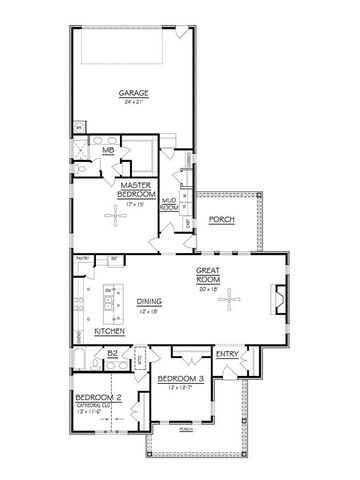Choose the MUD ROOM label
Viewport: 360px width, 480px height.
(169, 204)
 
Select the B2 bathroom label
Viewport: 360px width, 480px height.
(112, 353)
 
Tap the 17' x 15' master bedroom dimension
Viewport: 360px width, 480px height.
(134, 201)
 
